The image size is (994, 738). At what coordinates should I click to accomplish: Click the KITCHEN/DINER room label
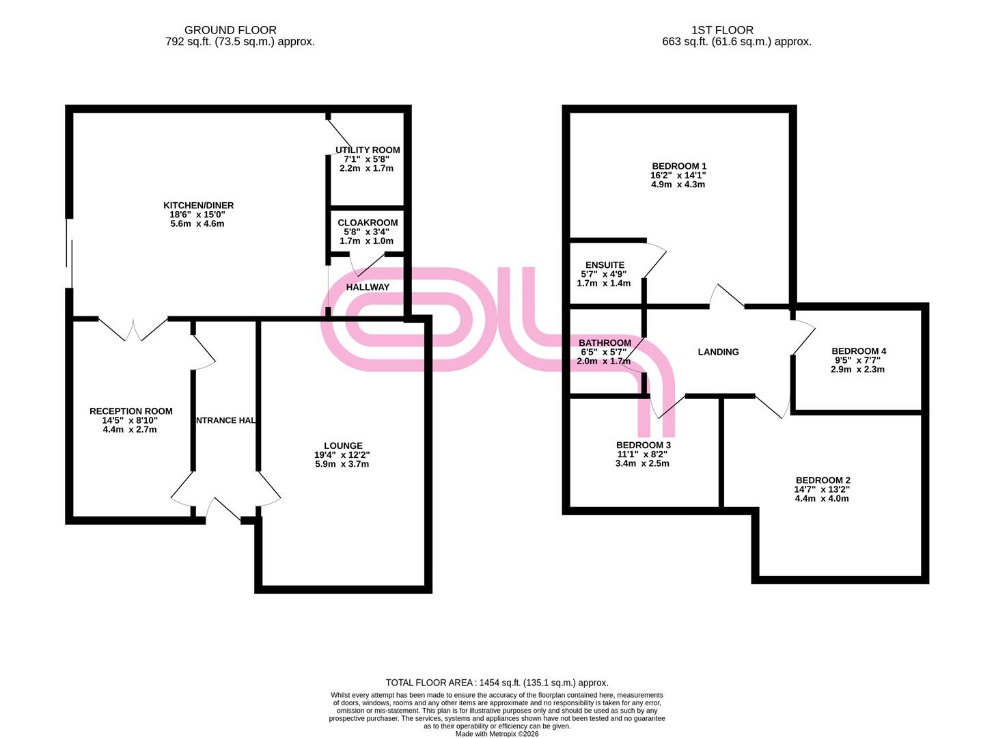click(198, 206)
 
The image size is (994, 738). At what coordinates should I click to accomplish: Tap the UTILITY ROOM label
click(368, 150)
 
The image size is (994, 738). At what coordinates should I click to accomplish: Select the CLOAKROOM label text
click(368, 222)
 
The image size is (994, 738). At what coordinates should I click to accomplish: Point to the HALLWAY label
click(368, 287)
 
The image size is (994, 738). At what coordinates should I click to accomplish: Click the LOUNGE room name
click(343, 446)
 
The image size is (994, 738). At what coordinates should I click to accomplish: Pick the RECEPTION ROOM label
click(131, 411)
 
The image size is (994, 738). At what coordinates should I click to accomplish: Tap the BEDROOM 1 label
click(679, 166)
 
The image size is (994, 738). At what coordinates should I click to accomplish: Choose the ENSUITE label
click(605, 264)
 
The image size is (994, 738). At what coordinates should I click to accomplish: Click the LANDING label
click(718, 352)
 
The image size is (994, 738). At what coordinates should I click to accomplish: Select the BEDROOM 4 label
click(859, 351)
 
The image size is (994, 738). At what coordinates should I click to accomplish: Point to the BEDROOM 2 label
click(823, 480)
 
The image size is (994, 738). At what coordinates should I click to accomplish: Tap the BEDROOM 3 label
click(643, 445)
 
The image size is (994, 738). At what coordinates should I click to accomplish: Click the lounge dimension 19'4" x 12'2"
click(342, 454)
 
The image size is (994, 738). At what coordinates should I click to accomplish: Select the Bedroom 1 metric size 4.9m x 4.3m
click(678, 184)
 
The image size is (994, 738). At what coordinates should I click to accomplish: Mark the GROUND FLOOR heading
click(230, 30)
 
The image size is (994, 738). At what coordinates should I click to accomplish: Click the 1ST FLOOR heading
click(722, 30)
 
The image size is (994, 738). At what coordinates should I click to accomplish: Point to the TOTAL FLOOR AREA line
click(497, 683)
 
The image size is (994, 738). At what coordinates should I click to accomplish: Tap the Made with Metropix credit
click(497, 734)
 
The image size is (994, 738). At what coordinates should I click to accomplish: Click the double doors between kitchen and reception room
click(133, 330)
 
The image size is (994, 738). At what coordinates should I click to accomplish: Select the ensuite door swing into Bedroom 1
click(654, 261)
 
